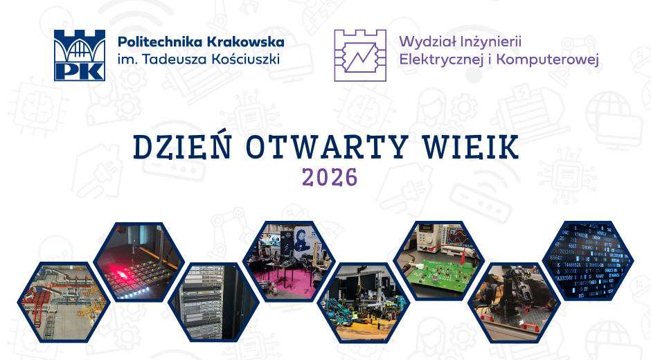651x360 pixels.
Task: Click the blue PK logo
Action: [x=80, y=55]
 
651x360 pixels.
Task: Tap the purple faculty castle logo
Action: [x=360, y=55]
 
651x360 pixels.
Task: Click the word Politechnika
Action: [x=160, y=42]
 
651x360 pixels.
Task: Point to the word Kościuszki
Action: [x=245, y=59]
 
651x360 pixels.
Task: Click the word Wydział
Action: [x=427, y=42]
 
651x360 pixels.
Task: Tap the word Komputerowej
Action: [x=548, y=60]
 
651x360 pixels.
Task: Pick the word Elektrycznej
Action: [x=442, y=60]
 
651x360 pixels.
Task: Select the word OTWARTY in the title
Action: [x=326, y=147]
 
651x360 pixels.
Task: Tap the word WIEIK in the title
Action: [x=471, y=147]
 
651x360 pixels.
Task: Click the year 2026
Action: [x=330, y=177]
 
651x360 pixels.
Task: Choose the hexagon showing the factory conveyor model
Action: [x=64, y=303]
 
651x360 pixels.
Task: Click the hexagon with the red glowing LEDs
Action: [x=139, y=262]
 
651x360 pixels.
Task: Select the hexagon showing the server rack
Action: [x=214, y=303]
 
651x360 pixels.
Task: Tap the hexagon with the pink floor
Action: [x=289, y=262]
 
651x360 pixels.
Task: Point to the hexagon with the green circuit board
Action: [x=439, y=262]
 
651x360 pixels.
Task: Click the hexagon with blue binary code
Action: [x=588, y=261]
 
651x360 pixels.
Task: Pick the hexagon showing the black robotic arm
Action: [x=514, y=303]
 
